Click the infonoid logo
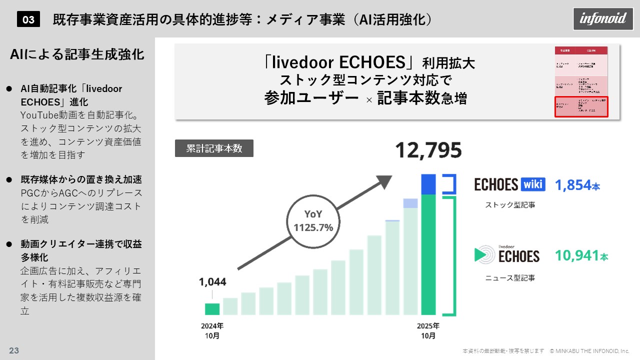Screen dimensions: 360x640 [x=602, y=19]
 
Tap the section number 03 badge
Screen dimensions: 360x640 [x=28, y=19]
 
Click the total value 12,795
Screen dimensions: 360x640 [x=428, y=150]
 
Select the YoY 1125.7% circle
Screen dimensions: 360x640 [x=313, y=221]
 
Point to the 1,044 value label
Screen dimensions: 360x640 [x=212, y=282]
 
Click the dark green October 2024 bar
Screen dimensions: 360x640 [x=212, y=309]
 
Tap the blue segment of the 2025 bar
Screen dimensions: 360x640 [x=428, y=184]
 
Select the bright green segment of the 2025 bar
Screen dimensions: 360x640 [x=428, y=255]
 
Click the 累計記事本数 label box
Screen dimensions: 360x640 [x=214, y=148]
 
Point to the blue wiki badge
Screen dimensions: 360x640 [x=533, y=184]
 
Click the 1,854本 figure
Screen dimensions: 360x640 [x=577, y=185]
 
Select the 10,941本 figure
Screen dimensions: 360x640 [x=581, y=256]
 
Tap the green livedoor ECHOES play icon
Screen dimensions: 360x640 [x=483, y=254]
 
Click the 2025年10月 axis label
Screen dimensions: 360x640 [x=428, y=331]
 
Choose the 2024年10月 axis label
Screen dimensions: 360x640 [x=212, y=331]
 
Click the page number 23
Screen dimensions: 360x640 [x=14, y=350]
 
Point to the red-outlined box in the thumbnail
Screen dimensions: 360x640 [x=581, y=107]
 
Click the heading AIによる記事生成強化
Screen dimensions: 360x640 [x=77, y=55]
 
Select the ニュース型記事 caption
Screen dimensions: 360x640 [x=510, y=277]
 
